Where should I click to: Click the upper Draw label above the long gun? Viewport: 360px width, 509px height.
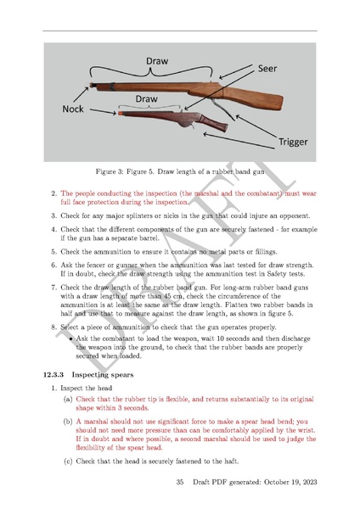pos(156,62)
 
